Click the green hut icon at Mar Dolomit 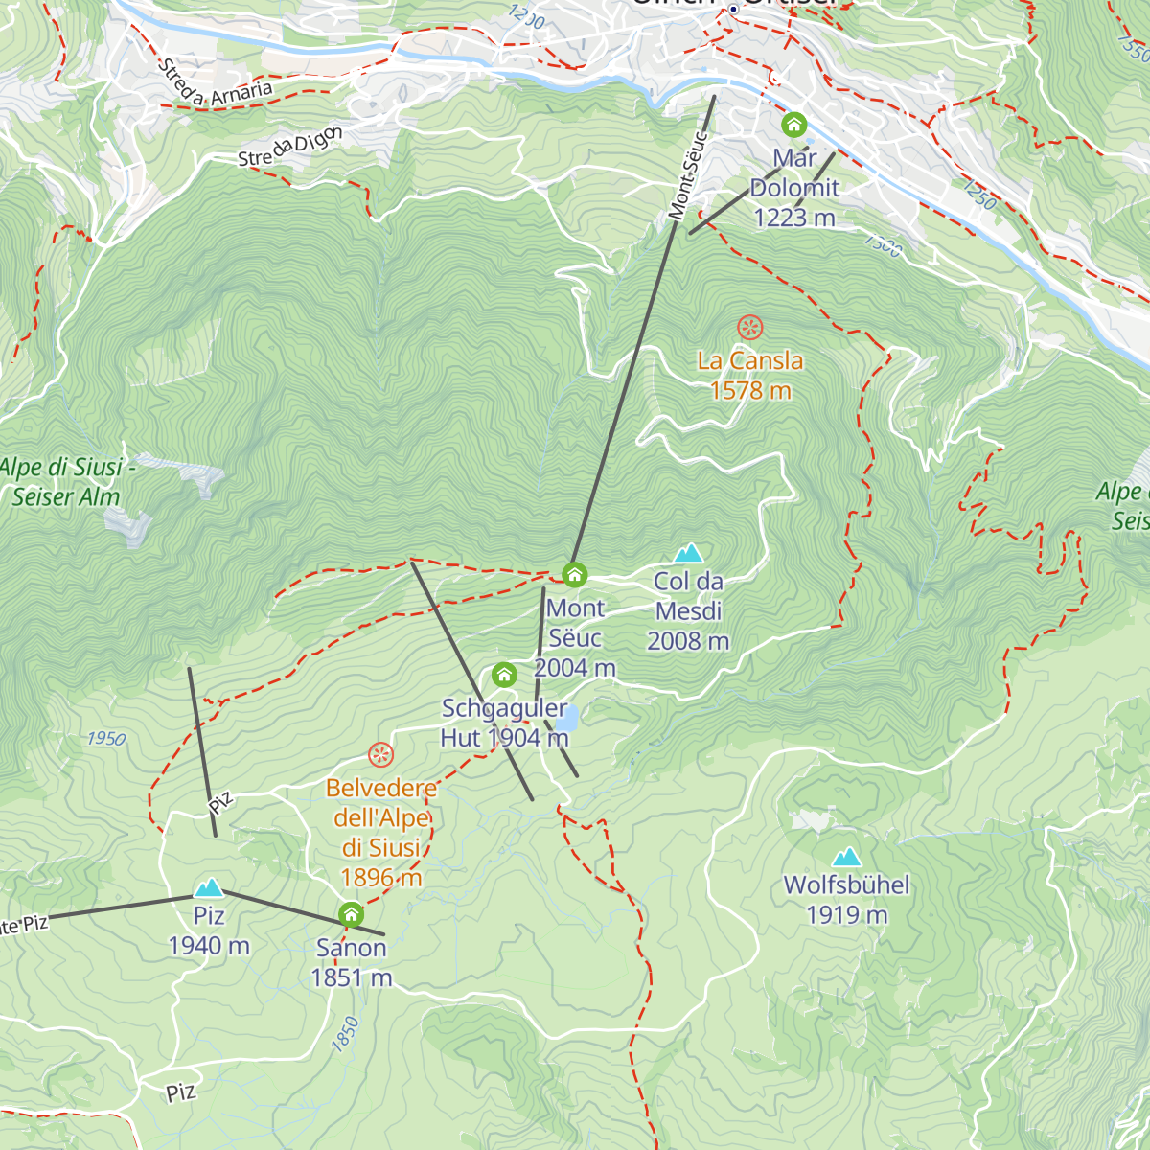coord(793,125)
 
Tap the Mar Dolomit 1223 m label coord(794,188)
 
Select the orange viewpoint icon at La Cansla coord(750,328)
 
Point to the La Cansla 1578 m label coord(750,375)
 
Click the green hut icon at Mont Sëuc coord(574,575)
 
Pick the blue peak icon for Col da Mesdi coord(688,553)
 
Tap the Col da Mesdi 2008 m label coord(688,610)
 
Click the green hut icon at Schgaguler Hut coord(504,676)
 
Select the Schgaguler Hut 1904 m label coord(505,723)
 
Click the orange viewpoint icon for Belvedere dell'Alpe coord(381,755)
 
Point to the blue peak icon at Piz coord(209,887)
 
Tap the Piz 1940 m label coord(209,931)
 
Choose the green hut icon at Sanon coord(352,914)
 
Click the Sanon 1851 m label coord(352,962)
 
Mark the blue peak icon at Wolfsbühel coord(846,857)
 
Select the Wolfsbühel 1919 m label coord(847,899)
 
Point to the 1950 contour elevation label coord(105,739)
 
